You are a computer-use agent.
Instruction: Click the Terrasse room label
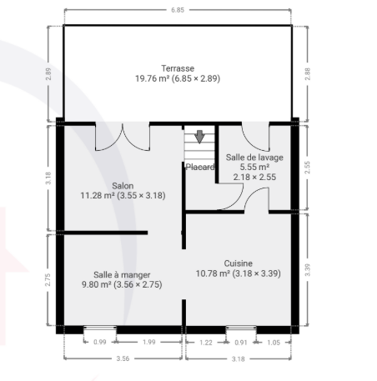(178, 68)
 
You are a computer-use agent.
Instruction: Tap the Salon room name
(123, 186)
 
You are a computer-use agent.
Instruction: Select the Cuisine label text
(239, 263)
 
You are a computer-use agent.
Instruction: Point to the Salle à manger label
(122, 275)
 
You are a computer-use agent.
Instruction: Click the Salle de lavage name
(254, 158)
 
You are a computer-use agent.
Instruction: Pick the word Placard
(200, 167)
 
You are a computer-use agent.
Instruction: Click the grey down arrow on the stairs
(199, 137)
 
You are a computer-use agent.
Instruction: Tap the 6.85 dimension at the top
(178, 10)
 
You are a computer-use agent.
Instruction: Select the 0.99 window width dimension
(100, 342)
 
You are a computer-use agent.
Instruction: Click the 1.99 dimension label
(148, 342)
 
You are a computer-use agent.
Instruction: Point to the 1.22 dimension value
(206, 343)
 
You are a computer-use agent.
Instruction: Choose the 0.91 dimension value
(241, 343)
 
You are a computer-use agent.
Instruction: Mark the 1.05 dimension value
(274, 343)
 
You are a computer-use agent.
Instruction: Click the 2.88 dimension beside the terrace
(308, 74)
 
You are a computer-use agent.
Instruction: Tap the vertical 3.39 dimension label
(308, 270)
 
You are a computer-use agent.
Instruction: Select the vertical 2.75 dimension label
(48, 280)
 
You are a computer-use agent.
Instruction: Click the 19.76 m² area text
(153, 78)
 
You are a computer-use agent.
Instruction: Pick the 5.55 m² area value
(254, 168)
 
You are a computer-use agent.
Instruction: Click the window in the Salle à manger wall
(100, 328)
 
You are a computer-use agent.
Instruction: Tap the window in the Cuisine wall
(241, 328)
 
